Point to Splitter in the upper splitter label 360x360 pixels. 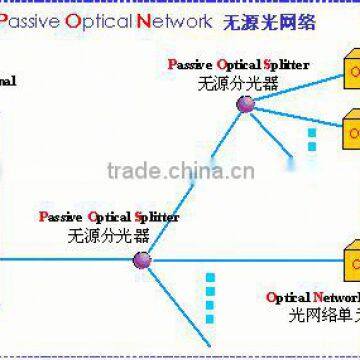point(286,65)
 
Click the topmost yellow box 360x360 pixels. point(350,70)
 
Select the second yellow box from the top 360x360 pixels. point(350,130)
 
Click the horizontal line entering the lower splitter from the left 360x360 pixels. point(70,262)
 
